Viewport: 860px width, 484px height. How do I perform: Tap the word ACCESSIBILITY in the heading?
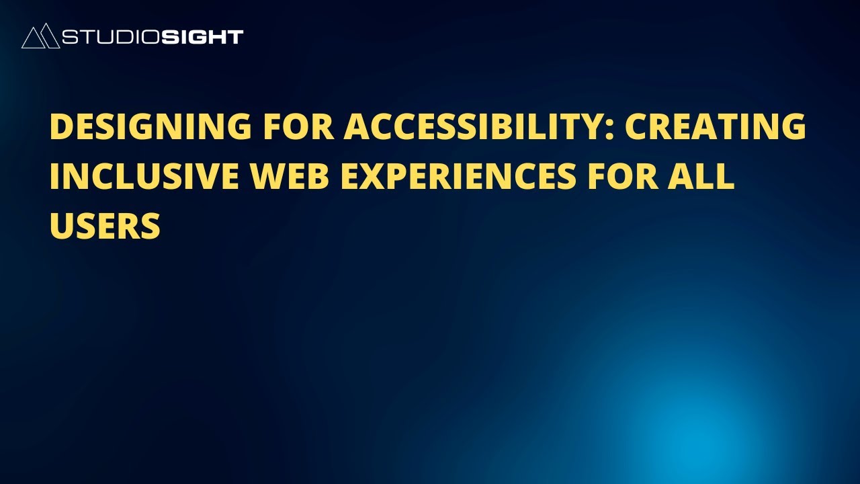pyautogui.click(x=472, y=126)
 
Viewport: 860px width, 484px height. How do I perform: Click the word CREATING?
pyautogui.click(x=716, y=126)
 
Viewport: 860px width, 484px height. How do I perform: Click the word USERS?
pyautogui.click(x=105, y=226)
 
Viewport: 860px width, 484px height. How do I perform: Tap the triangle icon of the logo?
pyautogui.click(x=40, y=36)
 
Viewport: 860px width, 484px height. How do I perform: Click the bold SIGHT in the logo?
pyautogui.click(x=202, y=37)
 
